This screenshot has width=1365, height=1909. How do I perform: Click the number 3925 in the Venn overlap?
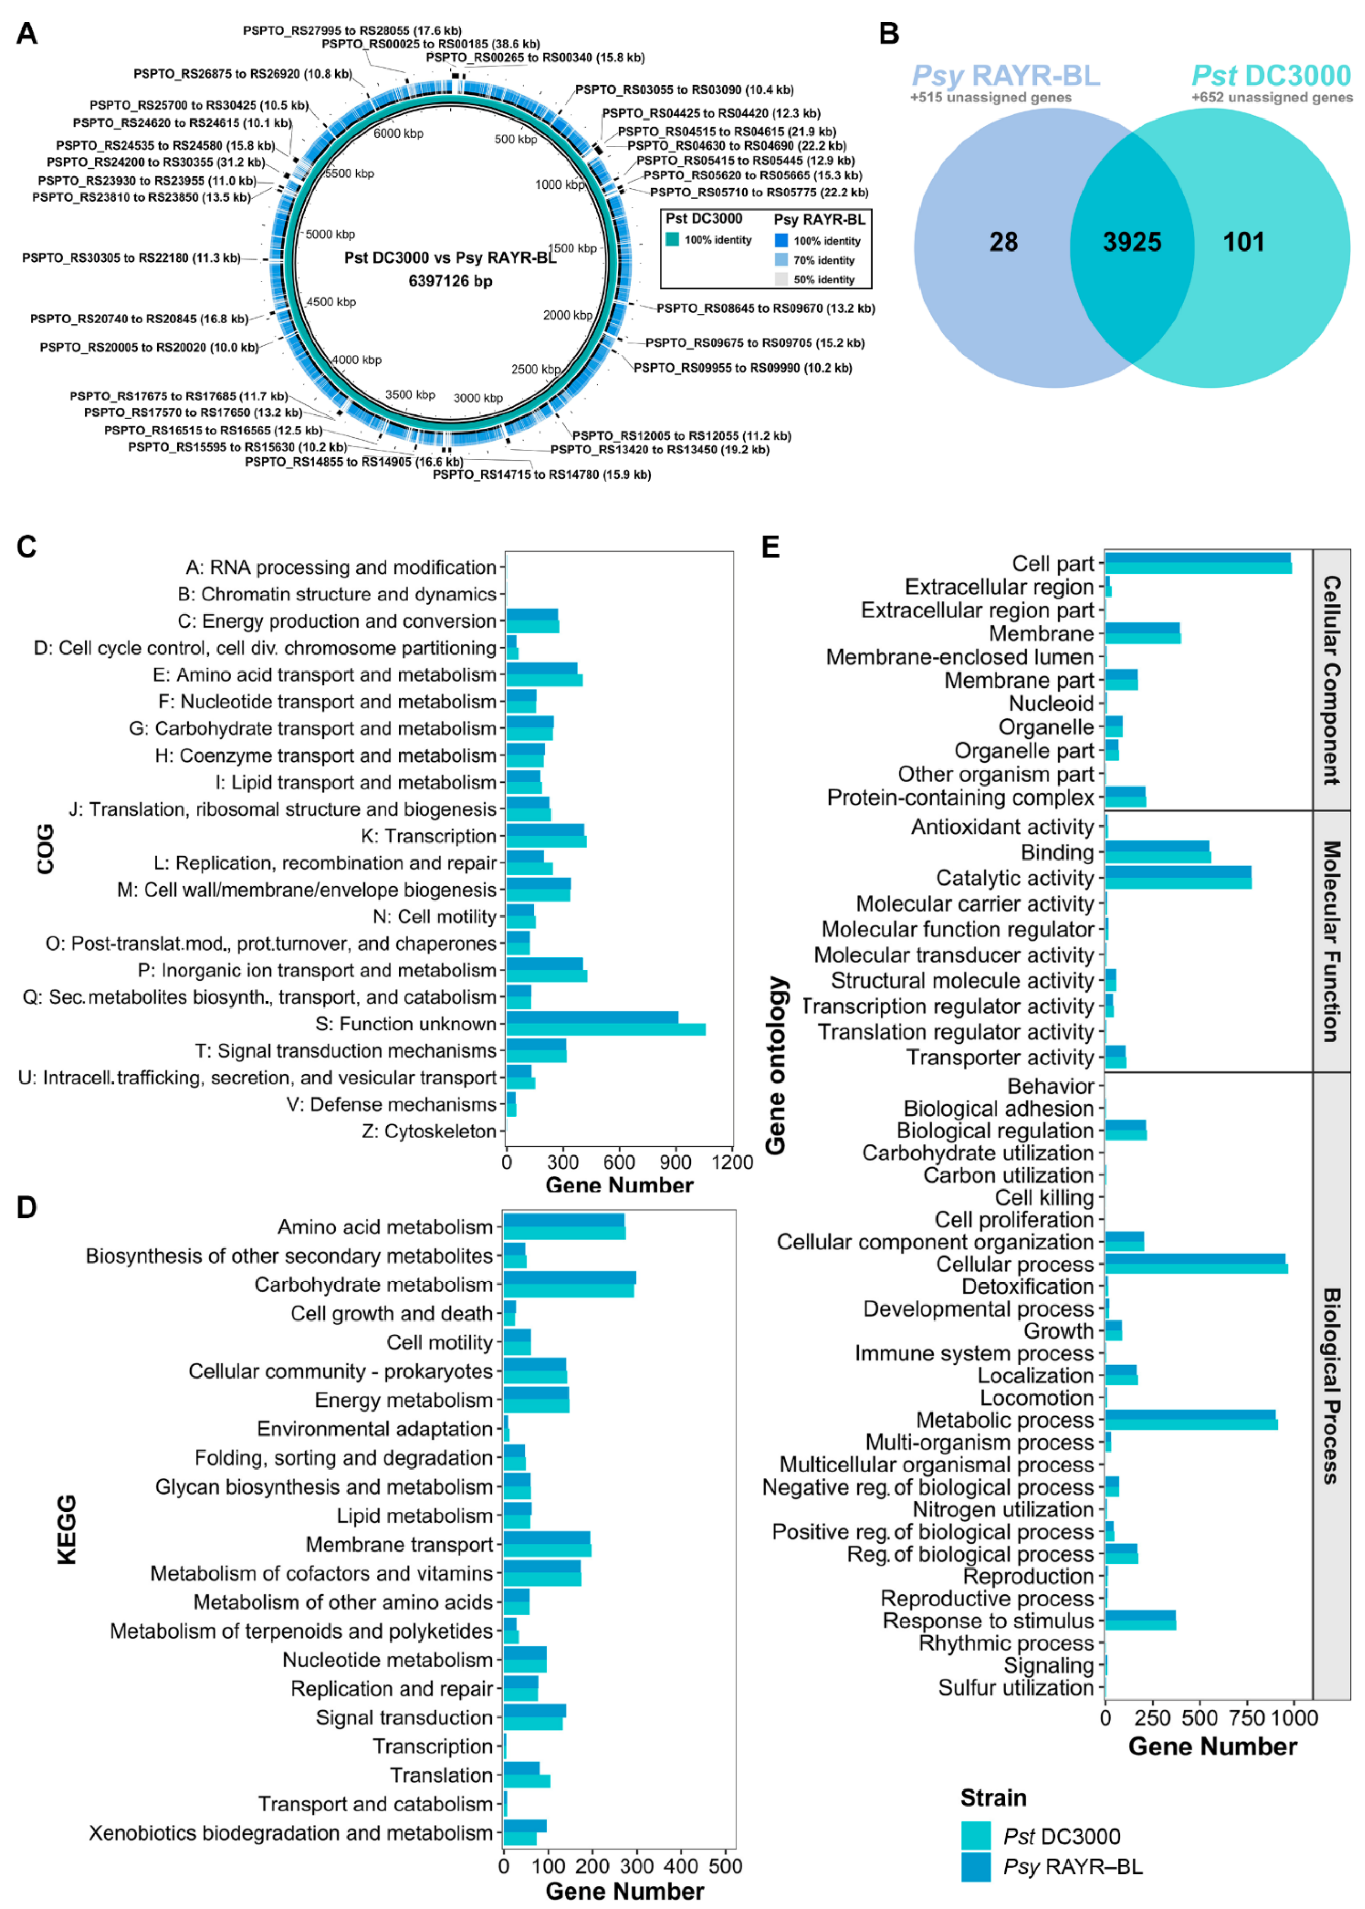[1131, 243]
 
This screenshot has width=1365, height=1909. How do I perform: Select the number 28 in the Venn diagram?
[1004, 243]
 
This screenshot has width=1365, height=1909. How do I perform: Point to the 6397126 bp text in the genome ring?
[450, 281]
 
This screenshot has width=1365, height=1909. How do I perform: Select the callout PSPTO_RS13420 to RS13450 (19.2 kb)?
[660, 450]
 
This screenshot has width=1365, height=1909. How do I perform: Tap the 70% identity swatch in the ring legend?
[781, 260]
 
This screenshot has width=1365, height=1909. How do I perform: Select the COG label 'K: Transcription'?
[428, 836]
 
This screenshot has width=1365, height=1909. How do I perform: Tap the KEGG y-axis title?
[67, 1529]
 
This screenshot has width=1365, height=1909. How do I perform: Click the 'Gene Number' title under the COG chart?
[620, 1185]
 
